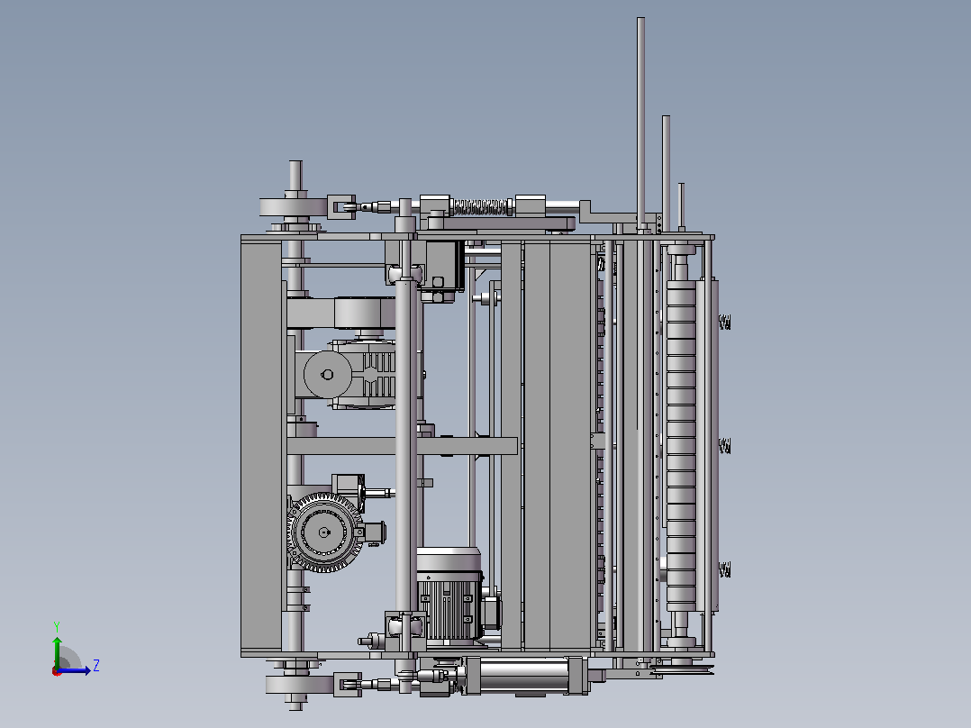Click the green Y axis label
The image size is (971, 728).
pos(57,626)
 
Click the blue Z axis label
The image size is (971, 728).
pos(96,666)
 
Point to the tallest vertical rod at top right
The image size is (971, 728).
pos(641,124)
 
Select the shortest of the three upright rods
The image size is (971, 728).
pos(681,207)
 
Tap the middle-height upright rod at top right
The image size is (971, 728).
pos(666,174)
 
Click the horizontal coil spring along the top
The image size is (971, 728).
pos(481,207)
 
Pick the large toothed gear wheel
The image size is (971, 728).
pos(324,532)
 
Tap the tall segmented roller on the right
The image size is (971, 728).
pos(681,446)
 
